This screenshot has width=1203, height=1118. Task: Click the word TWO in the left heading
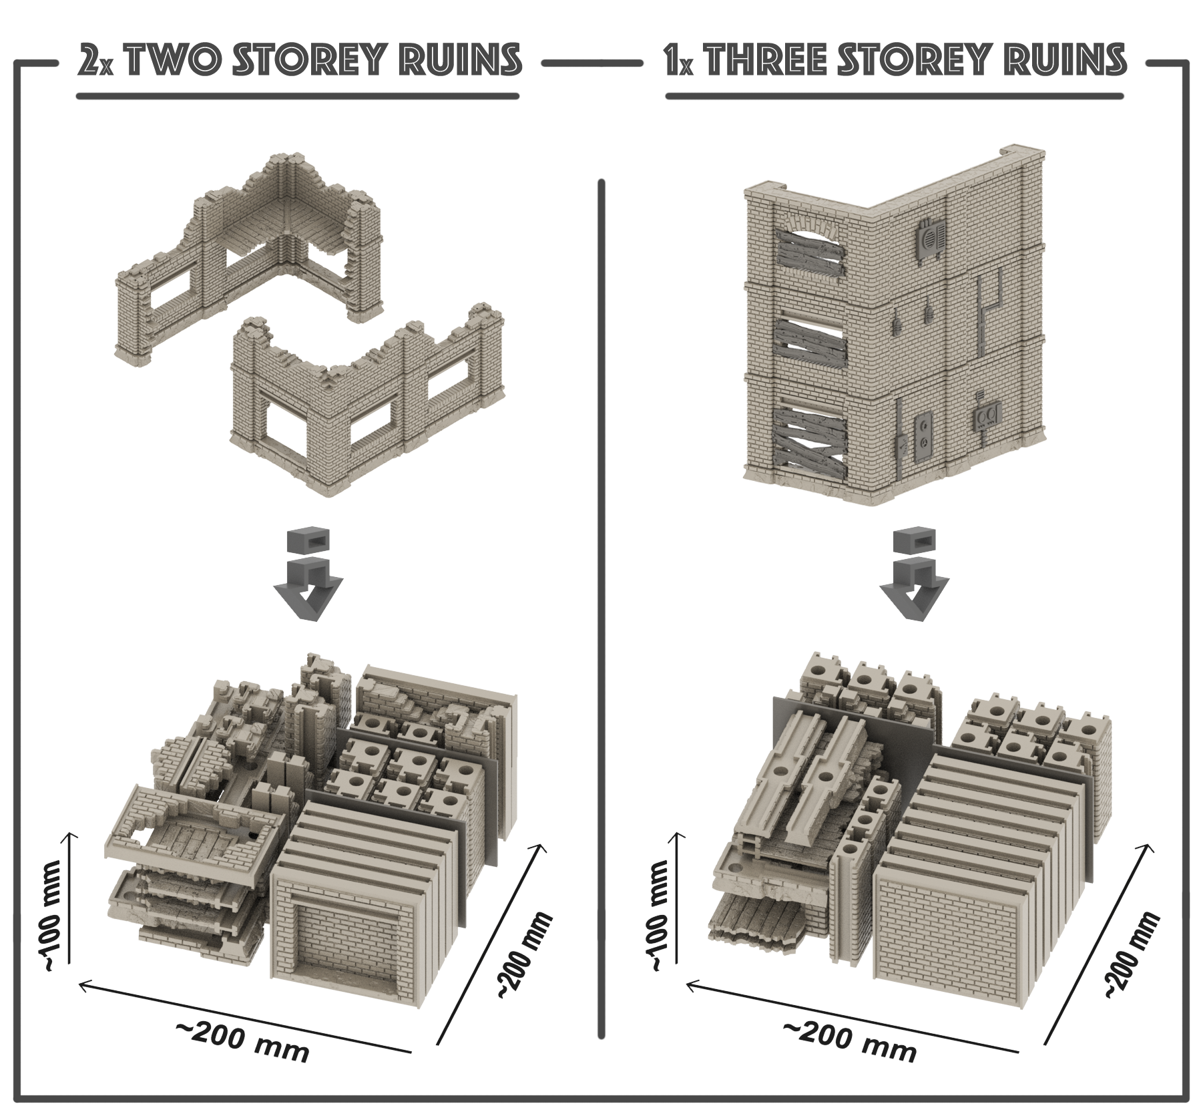point(171,61)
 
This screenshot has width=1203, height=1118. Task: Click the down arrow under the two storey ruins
point(307,576)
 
